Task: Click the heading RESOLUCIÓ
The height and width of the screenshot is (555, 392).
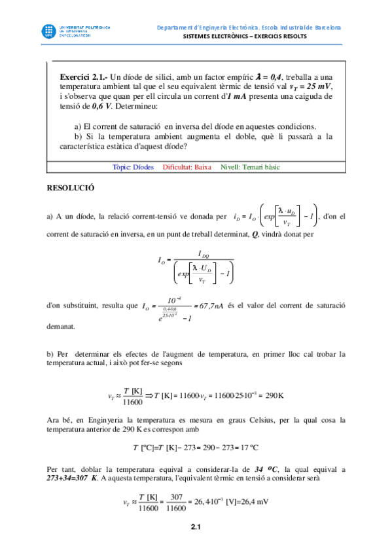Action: tap(71, 187)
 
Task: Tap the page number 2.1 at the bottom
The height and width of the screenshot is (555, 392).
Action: tap(196, 527)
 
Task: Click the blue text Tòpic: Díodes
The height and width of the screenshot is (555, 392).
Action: tap(133, 168)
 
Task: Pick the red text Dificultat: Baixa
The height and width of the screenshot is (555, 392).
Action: tap(187, 168)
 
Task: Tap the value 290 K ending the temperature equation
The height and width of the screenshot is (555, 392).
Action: tap(276, 396)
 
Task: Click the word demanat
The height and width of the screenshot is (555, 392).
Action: tap(62, 325)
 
